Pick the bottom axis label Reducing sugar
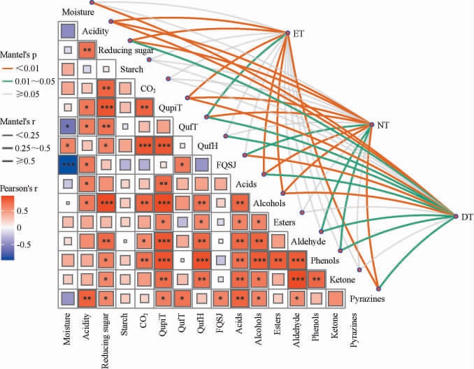tap(106, 340)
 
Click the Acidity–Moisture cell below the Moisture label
tap(68, 31)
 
